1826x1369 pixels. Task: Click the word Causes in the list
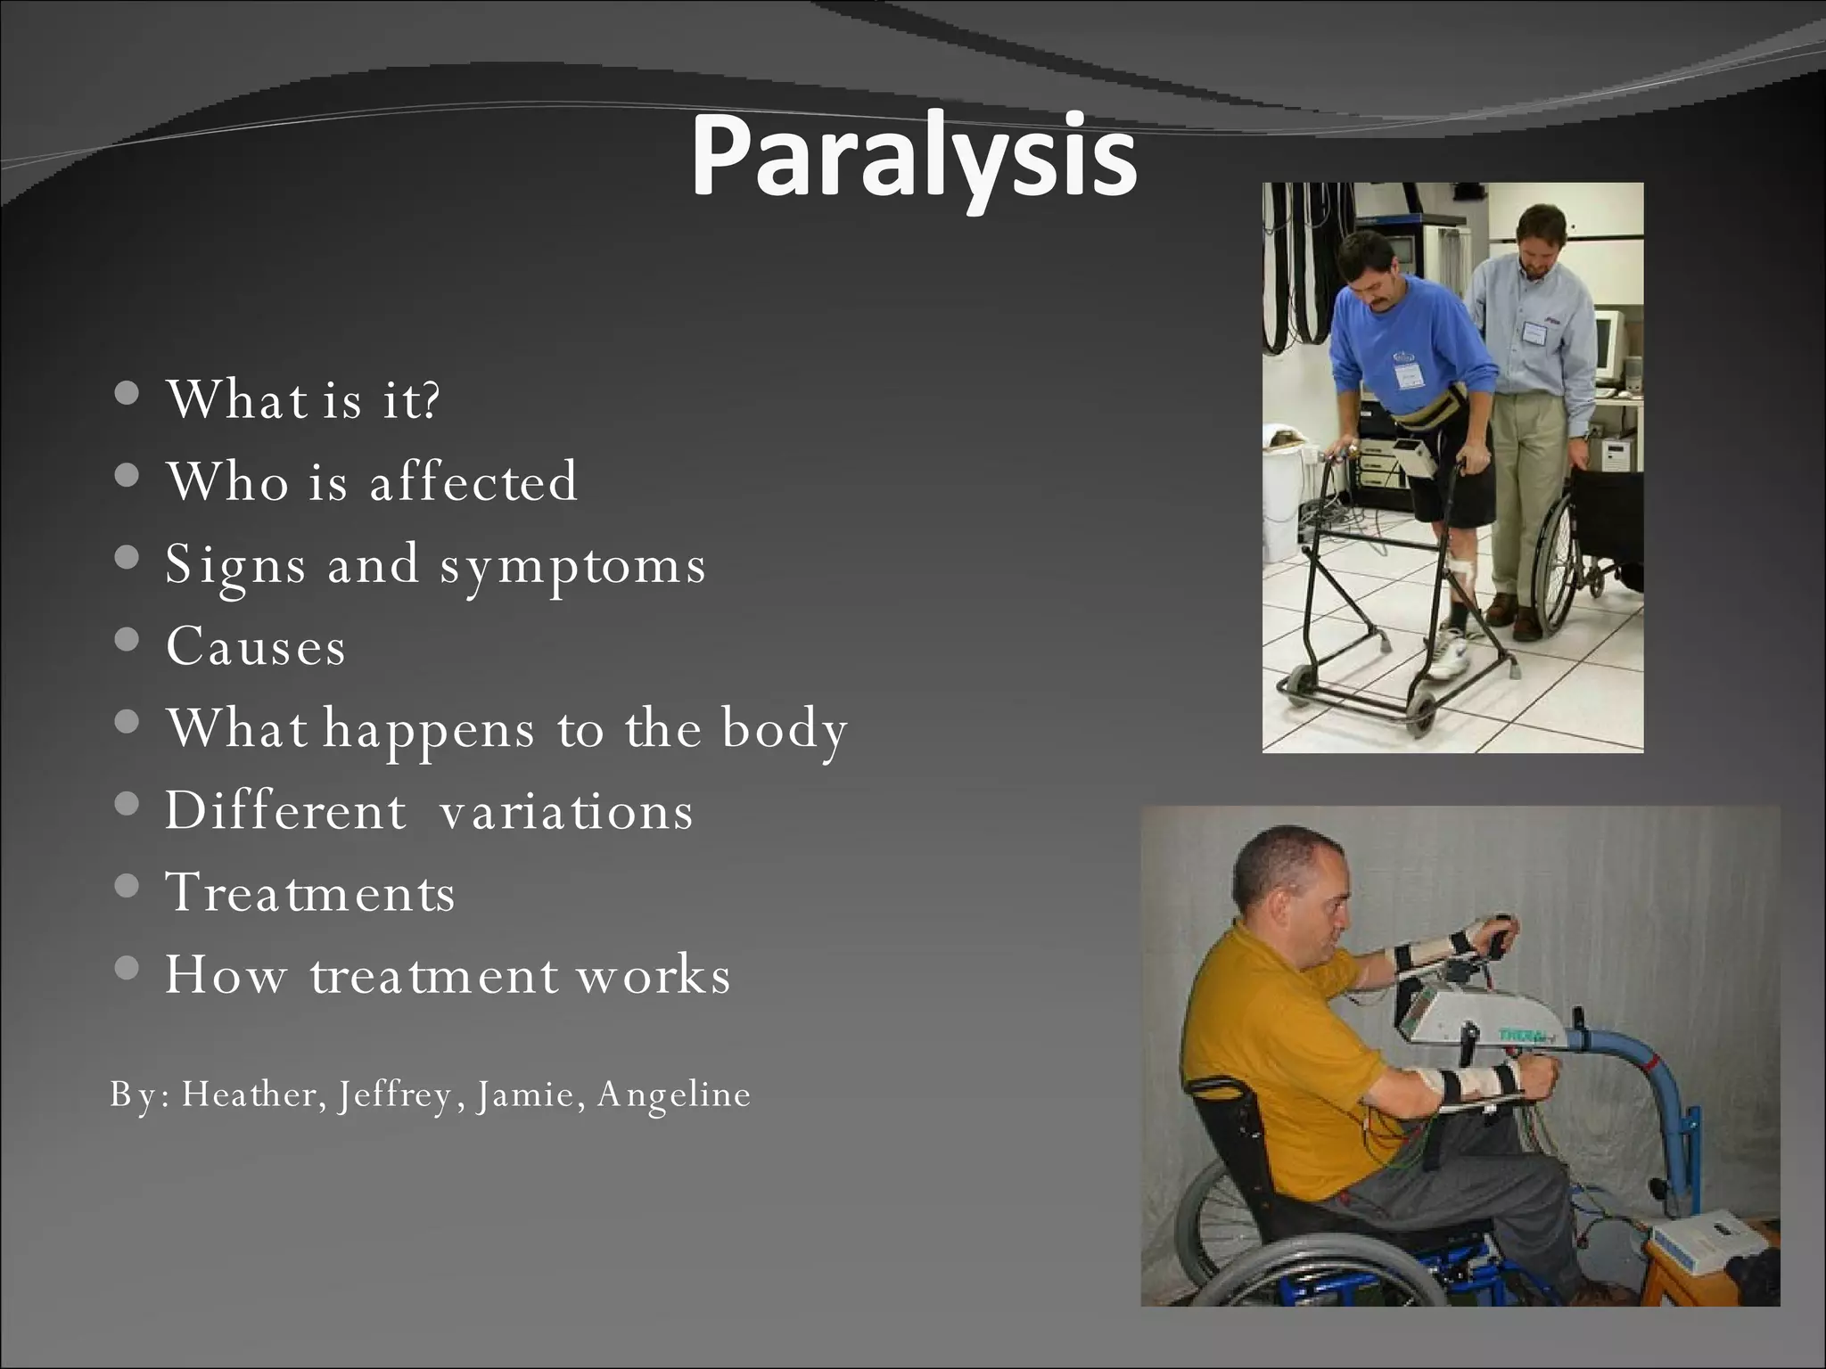(x=256, y=646)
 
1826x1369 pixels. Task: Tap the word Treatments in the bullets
(x=310, y=892)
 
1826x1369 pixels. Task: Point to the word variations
(x=565, y=811)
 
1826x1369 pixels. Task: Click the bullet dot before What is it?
(x=127, y=393)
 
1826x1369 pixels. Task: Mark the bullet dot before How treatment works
(x=127, y=968)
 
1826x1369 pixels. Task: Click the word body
(x=784, y=729)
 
